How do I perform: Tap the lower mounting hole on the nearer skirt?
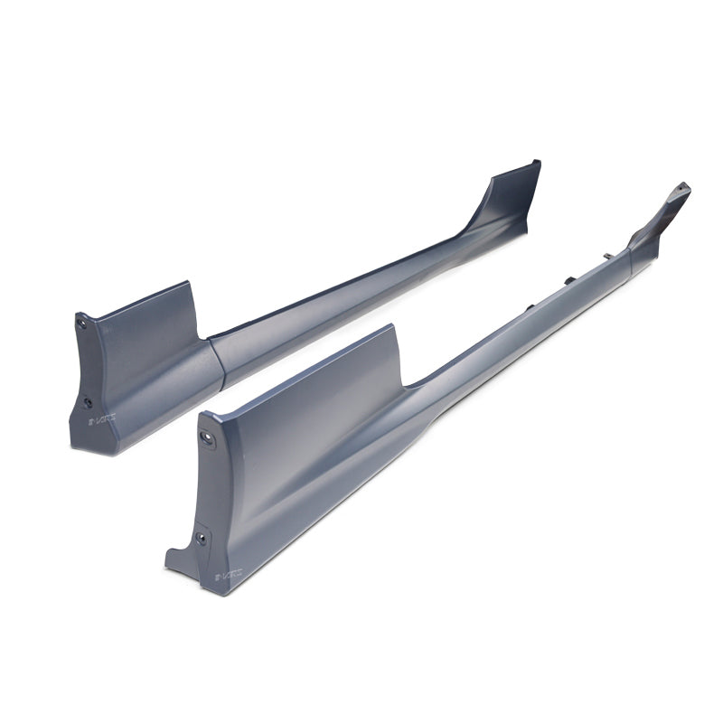click(200, 538)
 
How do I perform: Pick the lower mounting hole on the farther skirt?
click(88, 402)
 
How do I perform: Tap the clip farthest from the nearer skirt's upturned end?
click(530, 307)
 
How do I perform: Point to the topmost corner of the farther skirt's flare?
click(539, 162)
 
